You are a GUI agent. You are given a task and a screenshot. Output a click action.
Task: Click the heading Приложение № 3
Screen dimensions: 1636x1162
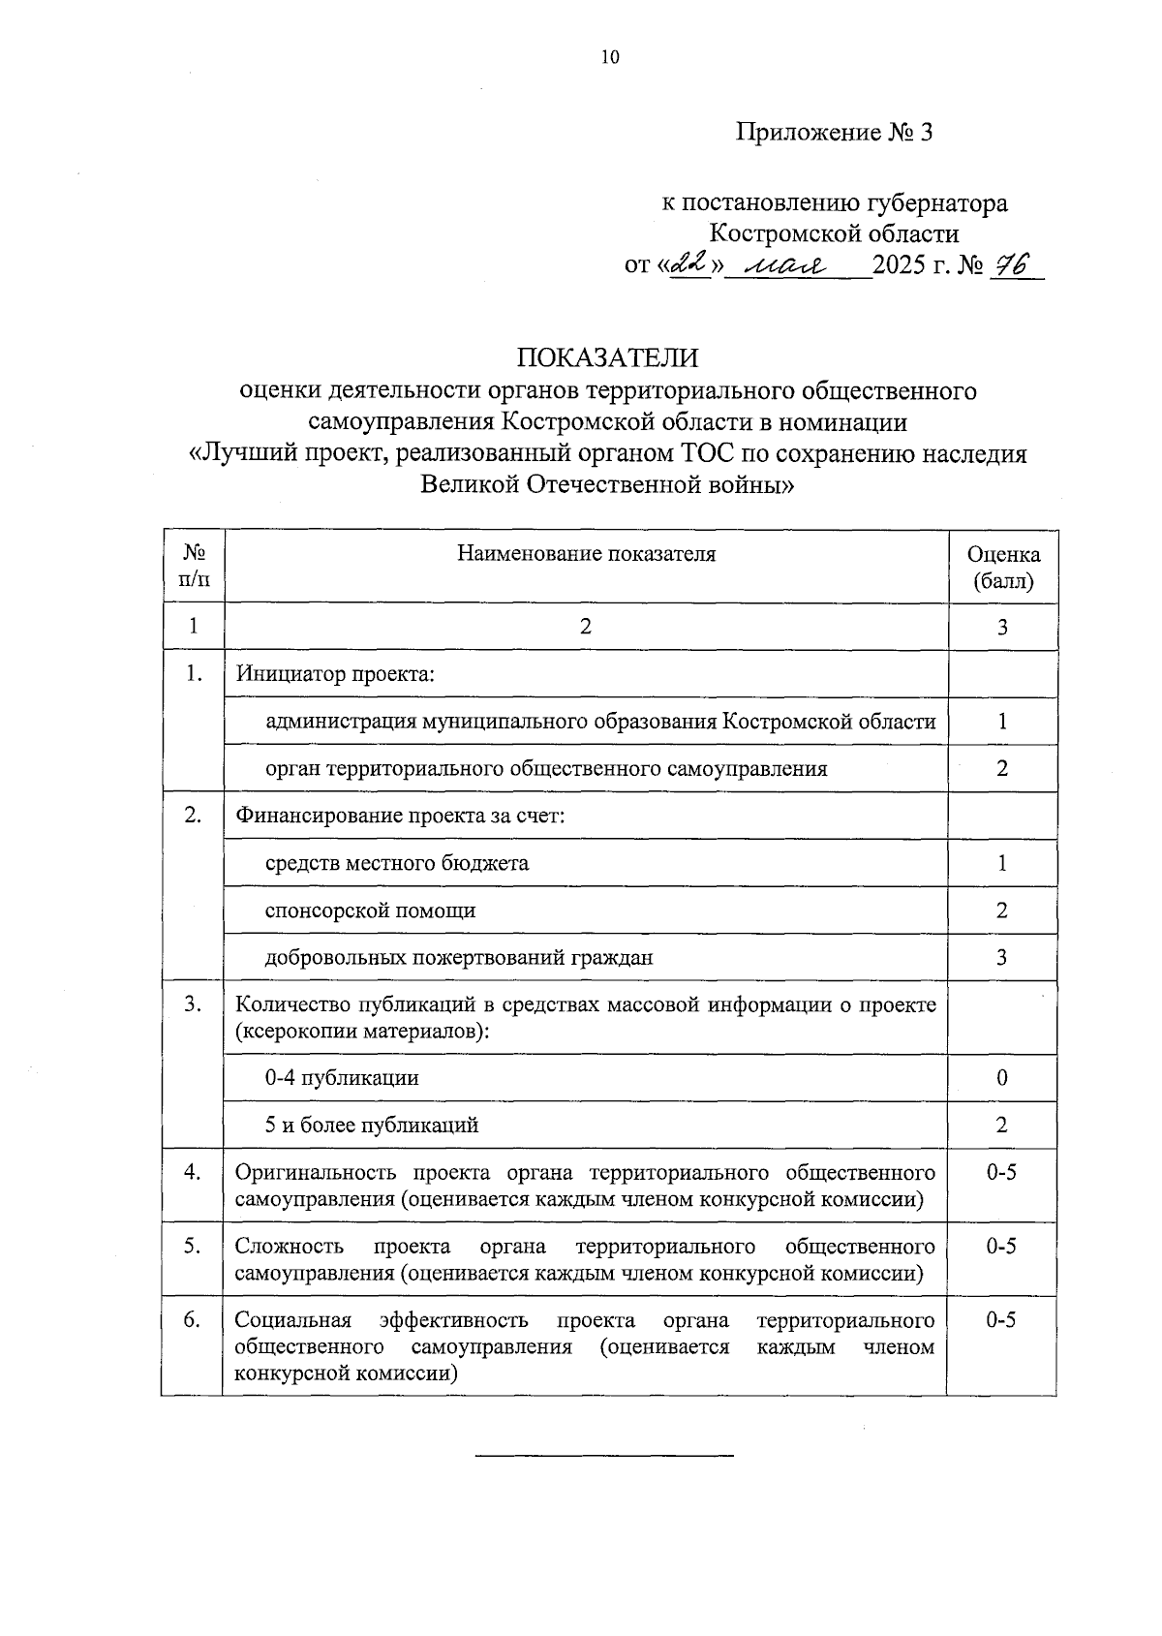click(x=833, y=132)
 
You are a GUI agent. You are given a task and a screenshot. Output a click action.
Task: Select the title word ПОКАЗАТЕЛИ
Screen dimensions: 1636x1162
click(x=607, y=357)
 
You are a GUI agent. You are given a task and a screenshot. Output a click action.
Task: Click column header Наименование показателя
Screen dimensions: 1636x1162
click(x=586, y=554)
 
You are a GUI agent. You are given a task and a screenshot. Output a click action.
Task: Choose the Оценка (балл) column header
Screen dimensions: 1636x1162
click(x=1003, y=568)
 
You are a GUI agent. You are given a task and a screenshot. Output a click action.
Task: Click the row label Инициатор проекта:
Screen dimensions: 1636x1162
click(x=335, y=674)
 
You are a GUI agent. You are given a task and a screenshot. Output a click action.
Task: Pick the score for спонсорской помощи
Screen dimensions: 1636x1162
click(x=1002, y=911)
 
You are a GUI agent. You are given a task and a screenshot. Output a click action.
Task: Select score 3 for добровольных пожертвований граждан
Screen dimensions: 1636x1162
click(x=1002, y=958)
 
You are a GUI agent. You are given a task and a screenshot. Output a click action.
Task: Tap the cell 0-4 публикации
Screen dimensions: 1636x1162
click(x=342, y=1078)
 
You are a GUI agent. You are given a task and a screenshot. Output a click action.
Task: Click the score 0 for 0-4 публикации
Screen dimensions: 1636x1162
click(x=1002, y=1078)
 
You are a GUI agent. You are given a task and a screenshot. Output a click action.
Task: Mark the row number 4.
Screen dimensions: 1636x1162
click(x=193, y=1173)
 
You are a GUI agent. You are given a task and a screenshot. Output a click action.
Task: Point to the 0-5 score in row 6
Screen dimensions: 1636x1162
click(x=1001, y=1320)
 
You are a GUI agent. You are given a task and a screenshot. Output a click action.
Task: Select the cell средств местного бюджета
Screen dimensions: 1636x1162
click(x=397, y=863)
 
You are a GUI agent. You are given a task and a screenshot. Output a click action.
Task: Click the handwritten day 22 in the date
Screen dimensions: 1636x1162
click(x=691, y=265)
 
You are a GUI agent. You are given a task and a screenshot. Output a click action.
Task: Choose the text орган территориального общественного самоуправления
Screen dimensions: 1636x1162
click(x=546, y=769)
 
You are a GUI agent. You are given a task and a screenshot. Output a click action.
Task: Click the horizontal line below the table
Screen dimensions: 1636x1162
click(x=605, y=1455)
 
